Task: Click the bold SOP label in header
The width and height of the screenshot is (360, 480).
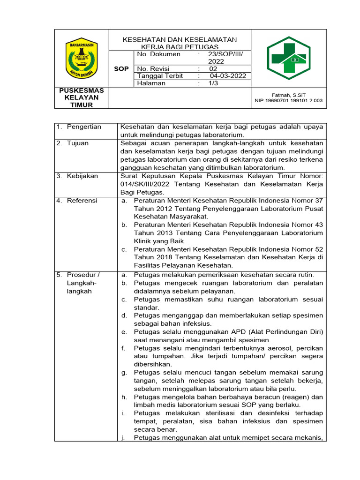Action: point(121,69)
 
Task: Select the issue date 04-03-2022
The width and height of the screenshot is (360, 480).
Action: point(228,76)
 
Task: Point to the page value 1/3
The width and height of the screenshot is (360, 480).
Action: point(214,83)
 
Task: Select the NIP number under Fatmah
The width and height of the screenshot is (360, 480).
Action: point(288,100)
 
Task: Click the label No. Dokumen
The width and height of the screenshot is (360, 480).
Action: point(158,54)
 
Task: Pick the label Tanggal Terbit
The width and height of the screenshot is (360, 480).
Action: point(160,76)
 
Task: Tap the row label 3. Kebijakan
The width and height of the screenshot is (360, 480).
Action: point(77,176)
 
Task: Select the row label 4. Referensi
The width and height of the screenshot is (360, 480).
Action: point(77,201)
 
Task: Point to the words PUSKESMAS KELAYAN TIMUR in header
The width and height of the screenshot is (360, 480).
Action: point(82,97)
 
